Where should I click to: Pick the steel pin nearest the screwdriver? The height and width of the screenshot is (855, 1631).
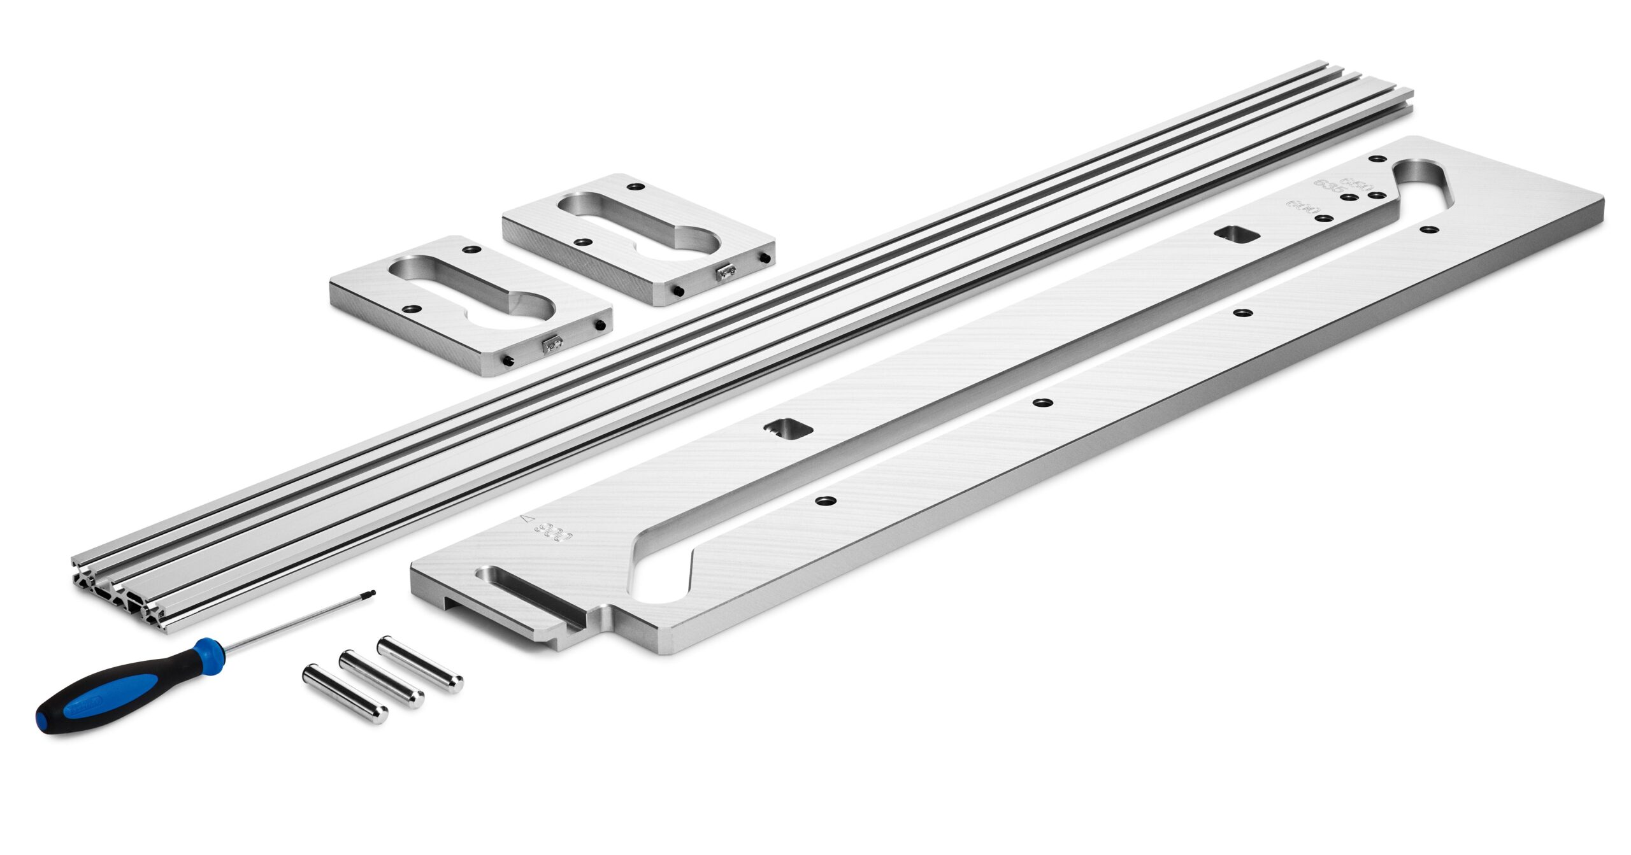[345, 694]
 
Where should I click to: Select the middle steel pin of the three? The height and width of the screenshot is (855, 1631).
[381, 679]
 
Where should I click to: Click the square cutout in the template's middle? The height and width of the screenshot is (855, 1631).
[787, 428]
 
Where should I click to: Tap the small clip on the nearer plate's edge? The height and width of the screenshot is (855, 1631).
[552, 344]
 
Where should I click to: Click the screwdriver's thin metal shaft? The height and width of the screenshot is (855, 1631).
[299, 622]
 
